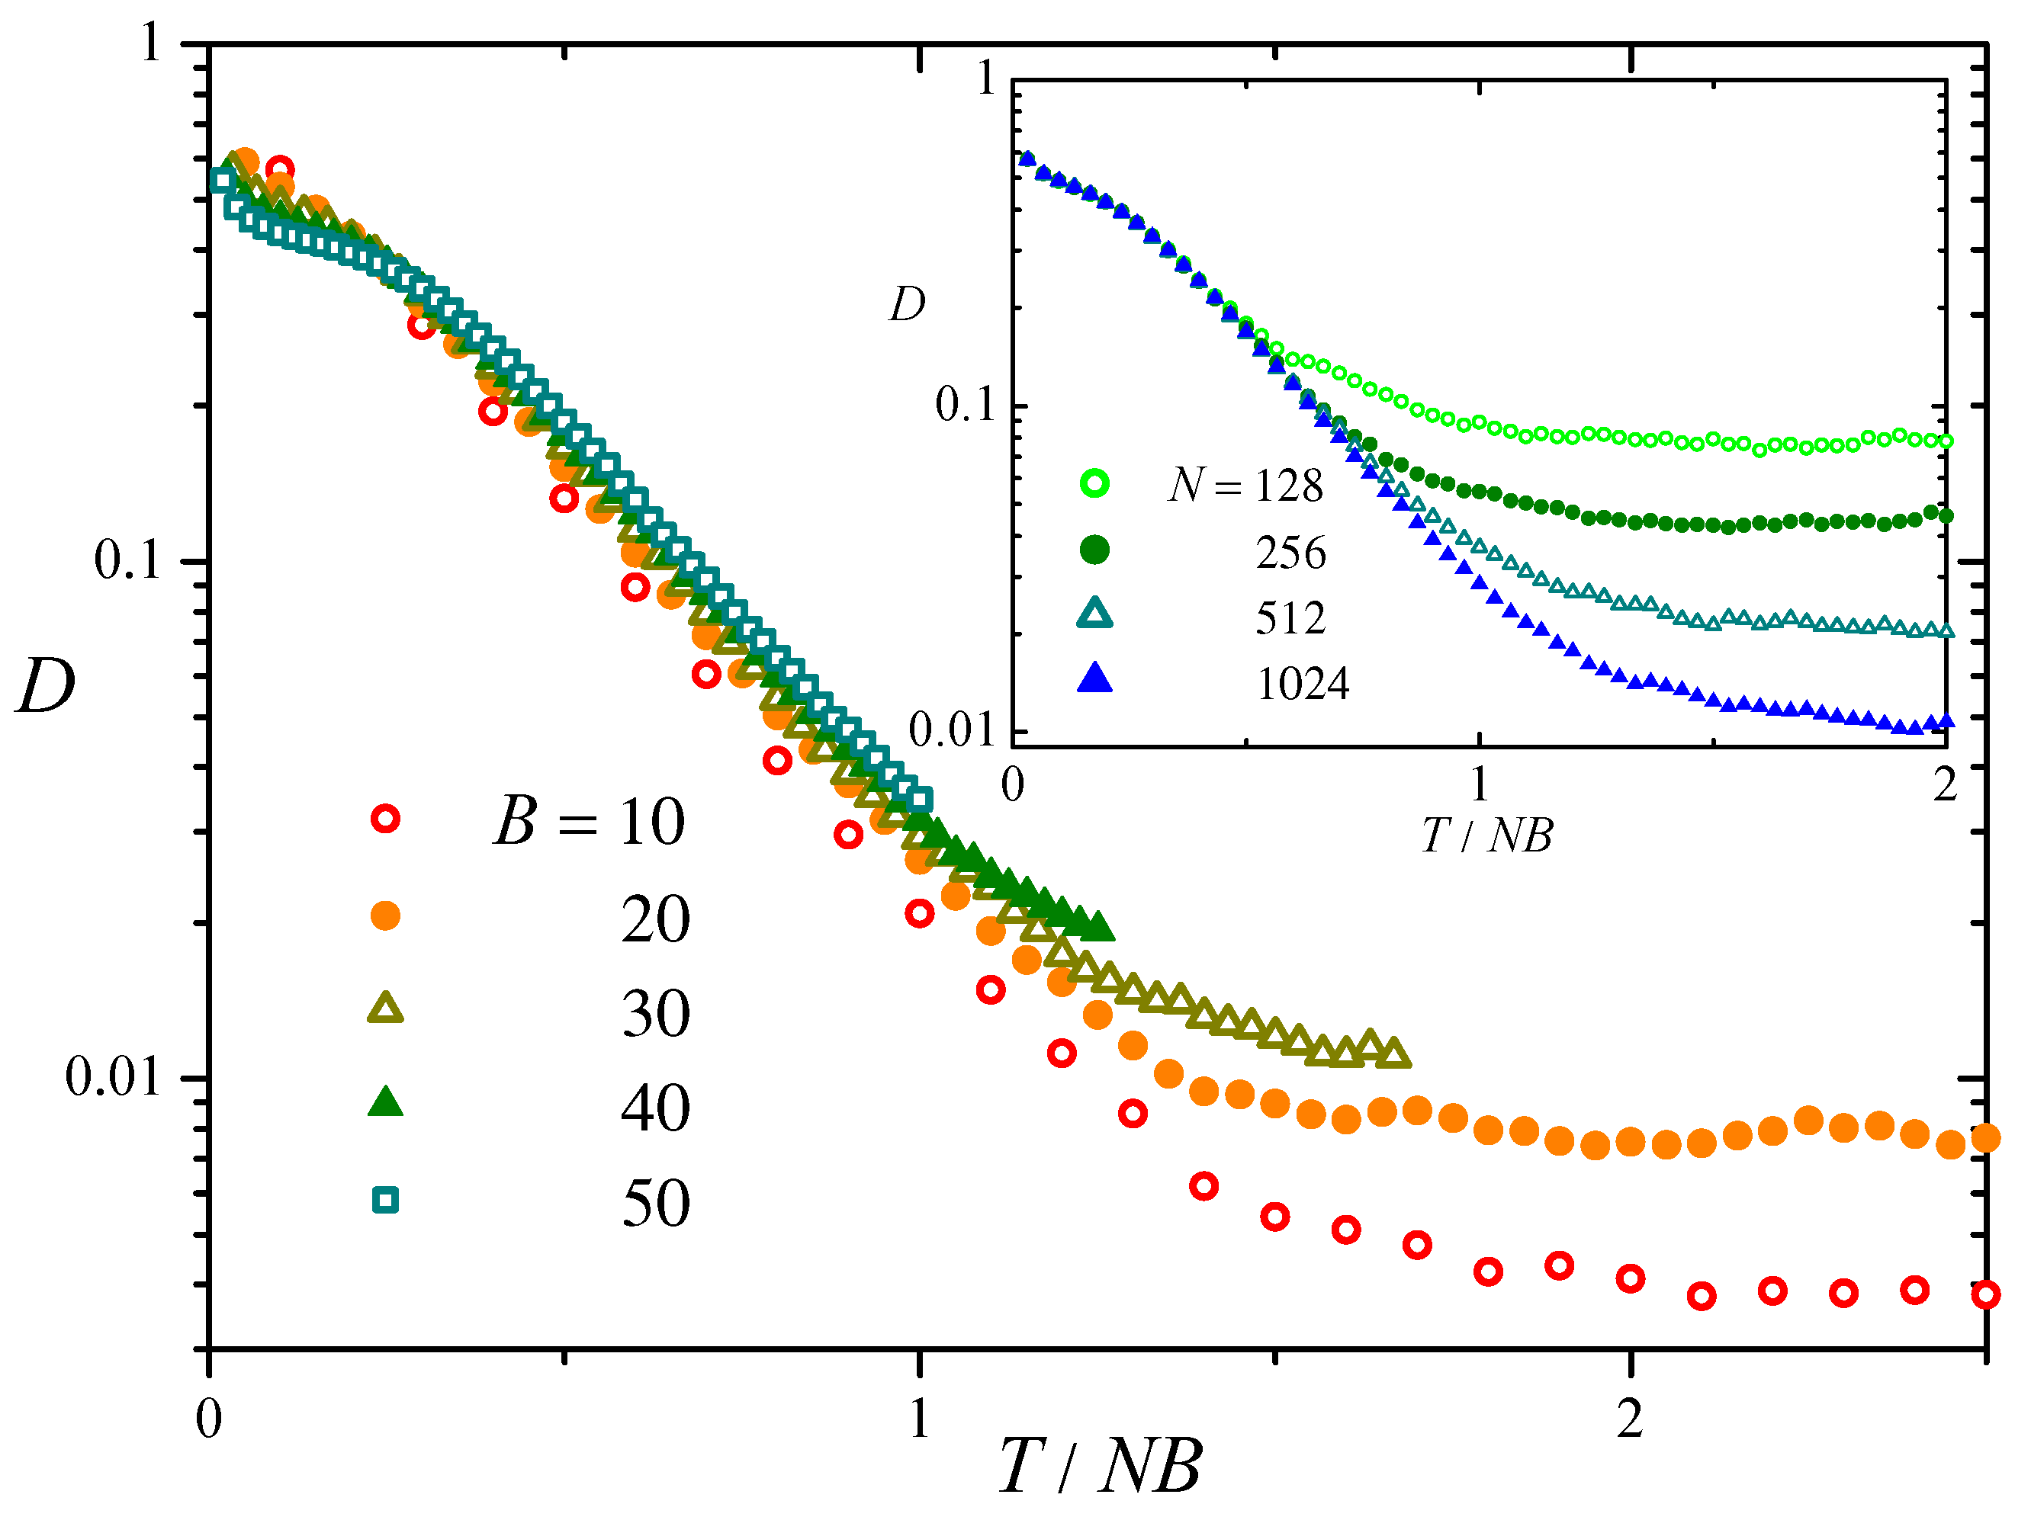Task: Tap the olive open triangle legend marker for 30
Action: pos(384,1009)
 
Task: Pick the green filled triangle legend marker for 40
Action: pos(384,1102)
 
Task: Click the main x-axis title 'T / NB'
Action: pos(1100,1466)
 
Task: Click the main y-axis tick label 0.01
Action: pos(112,1076)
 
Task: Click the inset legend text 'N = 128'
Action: pos(1245,485)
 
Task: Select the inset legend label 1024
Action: pos(1302,684)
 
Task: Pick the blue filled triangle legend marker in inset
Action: pos(1094,678)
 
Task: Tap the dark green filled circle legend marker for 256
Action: pos(1094,550)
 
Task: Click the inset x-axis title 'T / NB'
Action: pos(1486,836)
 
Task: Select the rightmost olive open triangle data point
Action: pos(1395,1053)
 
